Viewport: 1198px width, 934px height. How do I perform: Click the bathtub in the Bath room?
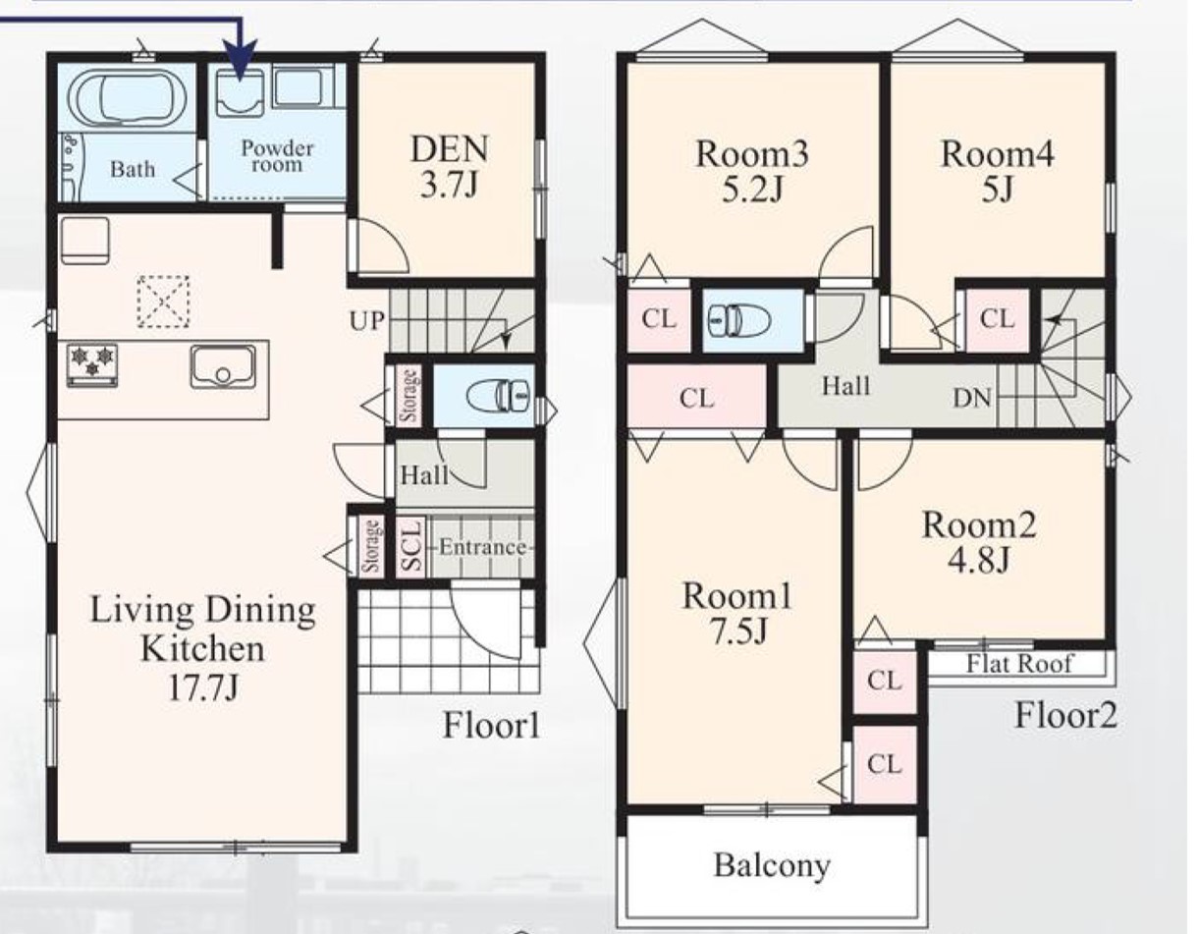127,99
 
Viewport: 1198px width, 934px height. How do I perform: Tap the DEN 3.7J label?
449,166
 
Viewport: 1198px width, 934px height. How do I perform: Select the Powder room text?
277,156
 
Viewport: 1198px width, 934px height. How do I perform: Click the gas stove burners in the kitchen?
92,365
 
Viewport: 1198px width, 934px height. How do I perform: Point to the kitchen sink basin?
223,366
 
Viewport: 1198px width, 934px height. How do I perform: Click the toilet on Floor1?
499,396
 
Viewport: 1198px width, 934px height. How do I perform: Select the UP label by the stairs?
366,321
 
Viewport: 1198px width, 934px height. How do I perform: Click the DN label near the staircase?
972,398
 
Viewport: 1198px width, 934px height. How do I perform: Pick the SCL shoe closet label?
411,546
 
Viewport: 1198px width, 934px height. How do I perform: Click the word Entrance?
482,547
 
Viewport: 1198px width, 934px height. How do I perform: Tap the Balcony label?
772,865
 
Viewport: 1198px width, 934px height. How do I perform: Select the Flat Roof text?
1019,663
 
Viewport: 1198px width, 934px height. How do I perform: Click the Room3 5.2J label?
752,171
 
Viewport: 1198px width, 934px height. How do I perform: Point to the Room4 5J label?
997,171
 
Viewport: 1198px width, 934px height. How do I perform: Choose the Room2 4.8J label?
979,542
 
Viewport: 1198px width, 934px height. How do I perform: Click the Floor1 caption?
492,725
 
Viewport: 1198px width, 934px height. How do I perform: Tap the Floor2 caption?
1065,716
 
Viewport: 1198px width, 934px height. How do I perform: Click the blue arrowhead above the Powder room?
241,61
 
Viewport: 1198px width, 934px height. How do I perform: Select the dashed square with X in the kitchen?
163,302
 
